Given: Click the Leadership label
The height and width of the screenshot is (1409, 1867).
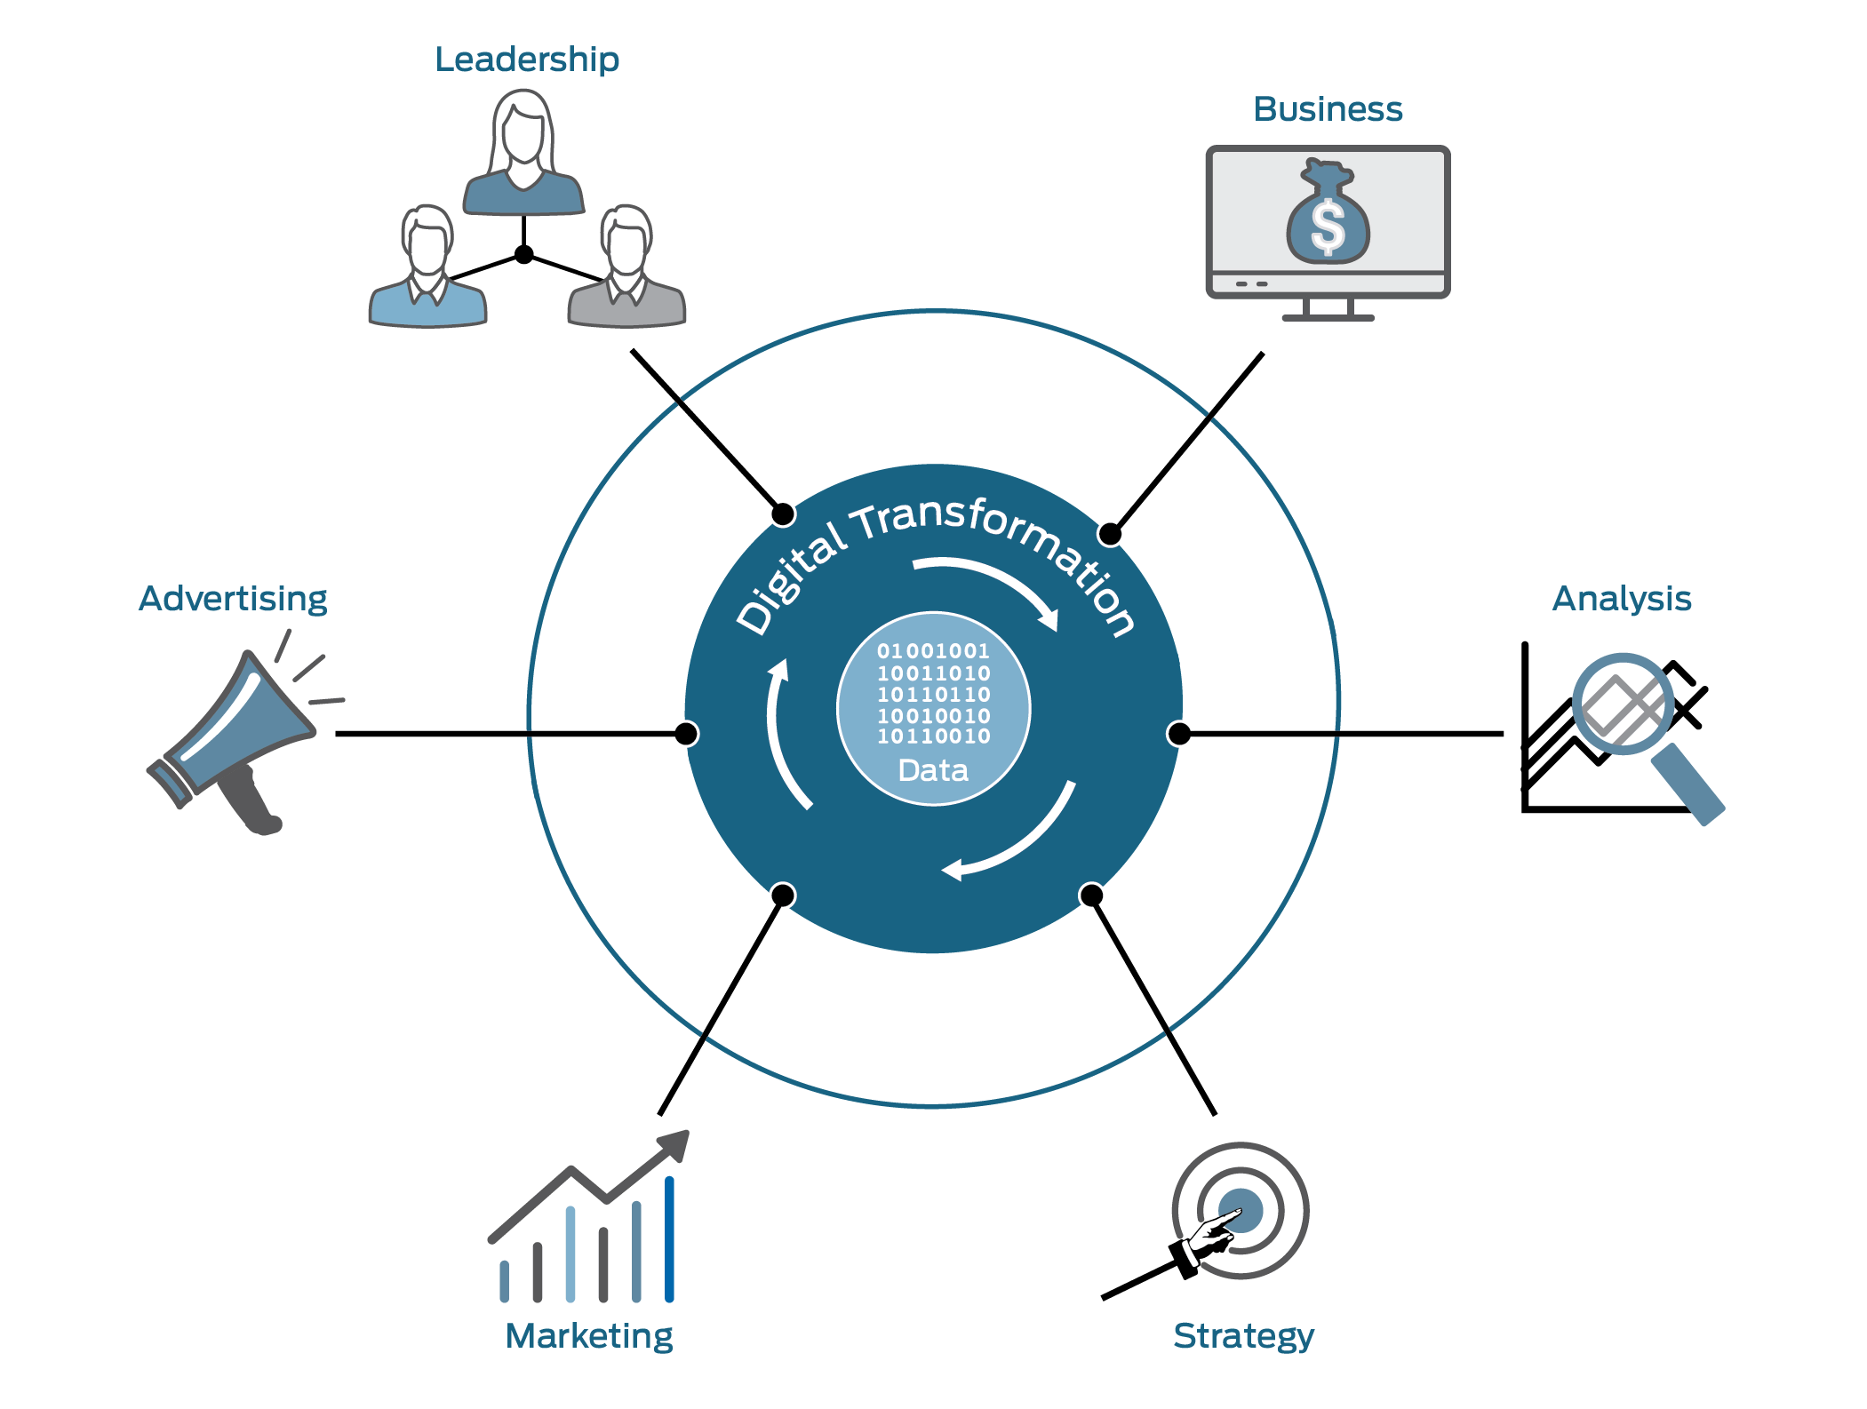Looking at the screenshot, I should (x=526, y=60).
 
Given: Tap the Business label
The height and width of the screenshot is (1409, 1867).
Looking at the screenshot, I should (x=1328, y=109).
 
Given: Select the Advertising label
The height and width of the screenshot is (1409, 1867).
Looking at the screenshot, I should (x=233, y=599).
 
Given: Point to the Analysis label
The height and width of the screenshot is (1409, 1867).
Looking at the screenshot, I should (x=1622, y=599).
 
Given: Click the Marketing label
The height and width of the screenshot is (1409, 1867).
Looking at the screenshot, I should (x=588, y=1336).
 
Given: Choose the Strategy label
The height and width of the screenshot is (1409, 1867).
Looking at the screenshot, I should (x=1243, y=1336).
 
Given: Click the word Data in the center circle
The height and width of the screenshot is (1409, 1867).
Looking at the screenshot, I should (x=933, y=769).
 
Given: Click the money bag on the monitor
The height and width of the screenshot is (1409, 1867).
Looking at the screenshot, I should (x=1328, y=218).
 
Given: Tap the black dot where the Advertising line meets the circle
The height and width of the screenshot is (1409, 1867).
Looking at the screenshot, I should (x=686, y=734).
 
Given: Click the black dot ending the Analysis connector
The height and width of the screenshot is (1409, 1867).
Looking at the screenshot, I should (x=1179, y=734).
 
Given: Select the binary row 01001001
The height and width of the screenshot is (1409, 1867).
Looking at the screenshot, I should (x=933, y=651).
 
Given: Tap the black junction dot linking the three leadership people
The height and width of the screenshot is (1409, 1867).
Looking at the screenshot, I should (x=524, y=255).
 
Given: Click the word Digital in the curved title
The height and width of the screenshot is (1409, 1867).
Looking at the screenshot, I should (x=791, y=577).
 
